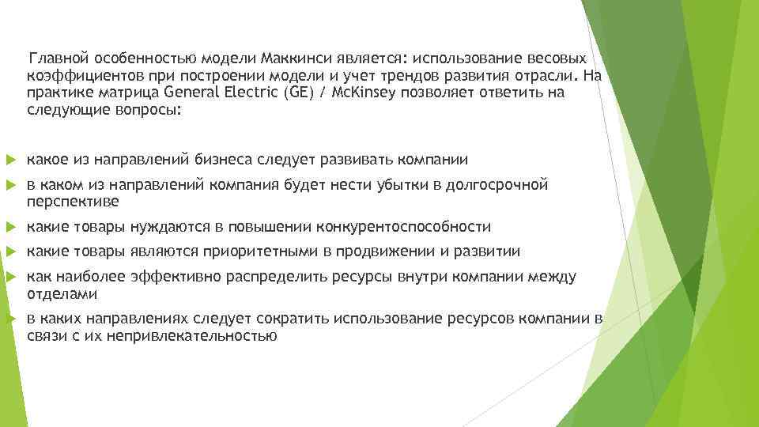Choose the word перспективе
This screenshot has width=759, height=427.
point(73,202)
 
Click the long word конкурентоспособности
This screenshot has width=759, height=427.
point(403,227)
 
